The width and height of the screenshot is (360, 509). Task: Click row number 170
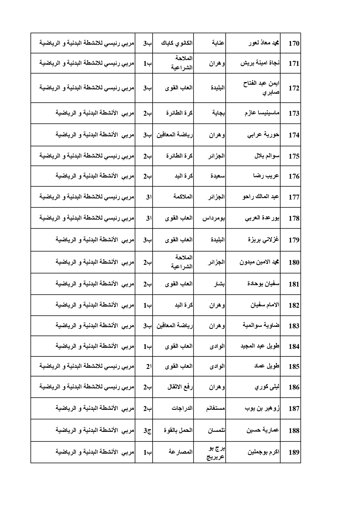click(294, 44)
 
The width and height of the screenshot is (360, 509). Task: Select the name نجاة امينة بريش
click(260, 63)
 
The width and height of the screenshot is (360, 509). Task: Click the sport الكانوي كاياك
click(177, 43)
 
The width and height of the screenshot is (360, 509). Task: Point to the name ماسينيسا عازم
click(262, 113)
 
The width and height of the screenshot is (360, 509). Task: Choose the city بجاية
click(218, 113)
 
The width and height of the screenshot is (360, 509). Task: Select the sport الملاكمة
click(183, 197)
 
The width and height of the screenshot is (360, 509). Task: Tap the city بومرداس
click(214, 218)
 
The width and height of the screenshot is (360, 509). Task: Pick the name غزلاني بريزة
click(263, 240)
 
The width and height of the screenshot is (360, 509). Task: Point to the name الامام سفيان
click(265, 305)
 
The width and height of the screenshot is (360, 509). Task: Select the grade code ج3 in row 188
click(148, 431)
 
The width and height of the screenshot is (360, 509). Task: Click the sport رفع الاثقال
click(180, 387)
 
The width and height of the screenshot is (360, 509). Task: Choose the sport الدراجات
click(182, 409)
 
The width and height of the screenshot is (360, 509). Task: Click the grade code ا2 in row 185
click(149, 367)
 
